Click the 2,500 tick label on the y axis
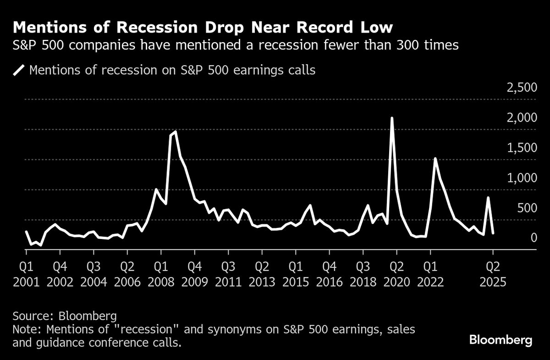[x=521, y=88]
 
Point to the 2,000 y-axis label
[x=521, y=118]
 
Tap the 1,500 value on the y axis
[x=521, y=148]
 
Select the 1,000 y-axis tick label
[x=521, y=178]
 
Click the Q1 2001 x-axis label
[x=26, y=273]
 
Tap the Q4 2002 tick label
[x=60, y=273]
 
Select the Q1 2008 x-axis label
[x=161, y=273]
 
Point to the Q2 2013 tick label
[x=262, y=273]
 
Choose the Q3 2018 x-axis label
[x=363, y=273]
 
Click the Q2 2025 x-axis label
[x=493, y=273]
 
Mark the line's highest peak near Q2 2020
[x=392, y=118]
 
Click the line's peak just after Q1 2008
[x=176, y=132]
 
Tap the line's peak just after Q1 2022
[x=435, y=159]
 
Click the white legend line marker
[x=19, y=71]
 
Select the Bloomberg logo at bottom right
[x=501, y=340]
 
